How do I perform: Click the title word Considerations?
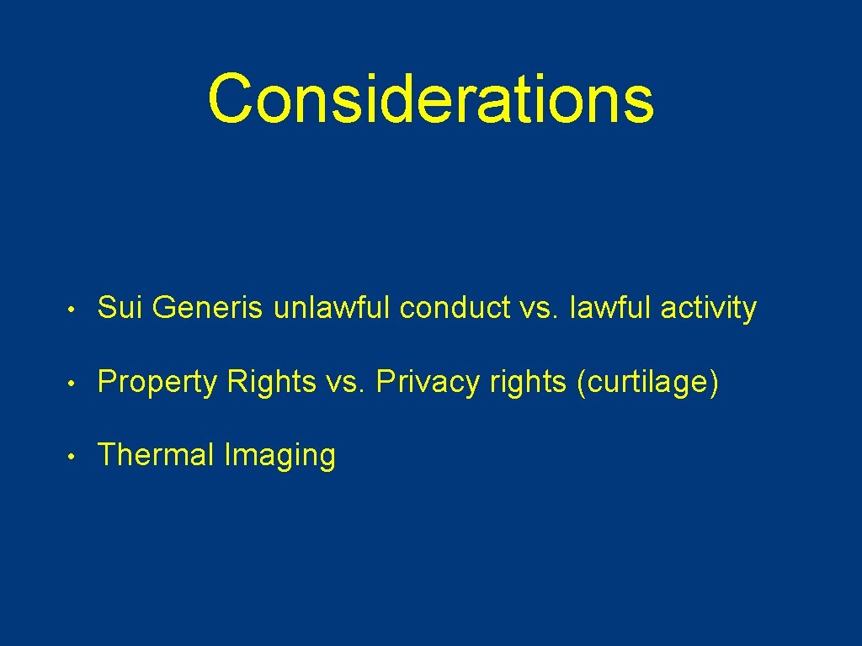click(430, 98)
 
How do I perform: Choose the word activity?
click(709, 309)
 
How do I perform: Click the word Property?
click(157, 382)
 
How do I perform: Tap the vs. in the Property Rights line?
click(343, 382)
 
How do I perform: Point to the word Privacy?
click(425, 382)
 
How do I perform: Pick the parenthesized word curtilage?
click(647, 382)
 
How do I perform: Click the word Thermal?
click(157, 455)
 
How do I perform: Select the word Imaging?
click(279, 455)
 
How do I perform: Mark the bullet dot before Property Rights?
click(77, 384)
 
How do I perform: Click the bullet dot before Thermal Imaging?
click(77, 457)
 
